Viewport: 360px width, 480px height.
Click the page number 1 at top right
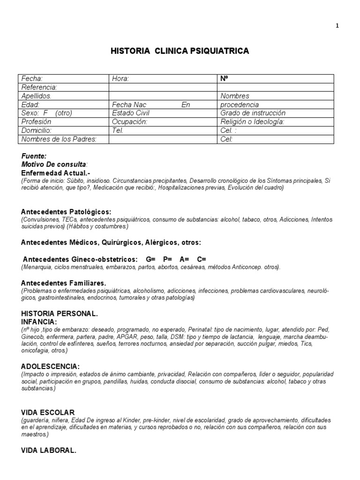pos(337,26)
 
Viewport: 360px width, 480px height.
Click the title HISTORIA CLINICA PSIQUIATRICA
pos(180,51)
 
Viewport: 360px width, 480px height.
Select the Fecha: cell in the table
pos(32,79)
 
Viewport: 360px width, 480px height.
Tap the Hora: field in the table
pos(120,79)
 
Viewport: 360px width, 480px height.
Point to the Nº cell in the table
pos(224,79)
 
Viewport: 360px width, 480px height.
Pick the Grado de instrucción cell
pos(253,113)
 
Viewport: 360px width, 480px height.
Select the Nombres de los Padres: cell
pos(59,139)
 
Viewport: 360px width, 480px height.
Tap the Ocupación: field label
pos(130,121)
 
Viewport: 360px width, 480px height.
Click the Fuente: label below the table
pos(34,156)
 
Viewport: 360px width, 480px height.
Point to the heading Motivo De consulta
pos(54,165)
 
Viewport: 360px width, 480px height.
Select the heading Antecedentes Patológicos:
pos(66,211)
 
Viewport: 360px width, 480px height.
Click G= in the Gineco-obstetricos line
pos(150,259)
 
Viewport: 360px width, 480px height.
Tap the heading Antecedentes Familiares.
pos(64,283)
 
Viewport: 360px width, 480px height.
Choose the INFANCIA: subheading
pos(39,322)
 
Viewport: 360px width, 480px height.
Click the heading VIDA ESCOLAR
pos(48,412)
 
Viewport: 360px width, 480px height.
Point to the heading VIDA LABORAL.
pos(49,450)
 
